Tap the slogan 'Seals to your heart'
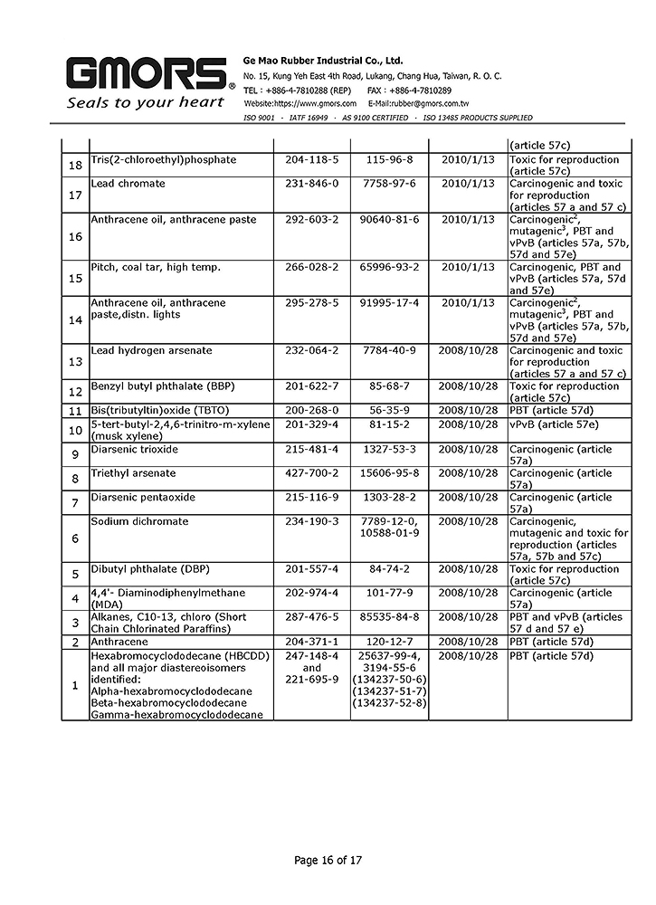click(x=145, y=102)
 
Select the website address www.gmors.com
click(x=299, y=104)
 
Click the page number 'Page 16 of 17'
click(x=328, y=860)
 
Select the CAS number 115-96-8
click(x=389, y=160)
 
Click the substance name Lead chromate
click(x=128, y=184)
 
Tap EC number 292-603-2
click(x=311, y=220)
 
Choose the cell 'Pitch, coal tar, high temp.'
click(x=149, y=267)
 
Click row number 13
click(x=76, y=362)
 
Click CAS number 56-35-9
click(x=389, y=410)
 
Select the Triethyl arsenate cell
click(x=133, y=473)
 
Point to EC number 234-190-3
click(x=311, y=521)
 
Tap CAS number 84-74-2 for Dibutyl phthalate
click(x=389, y=569)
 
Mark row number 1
click(x=76, y=685)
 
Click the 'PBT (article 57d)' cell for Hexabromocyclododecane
click(x=551, y=654)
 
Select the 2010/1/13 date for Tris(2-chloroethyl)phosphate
click(x=468, y=160)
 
